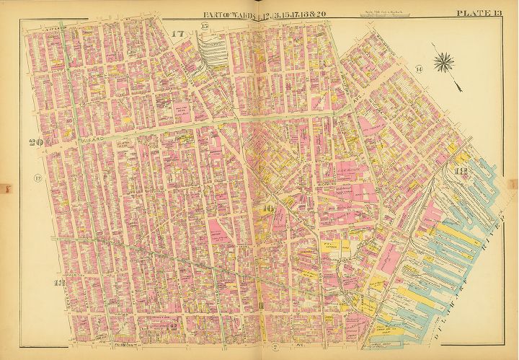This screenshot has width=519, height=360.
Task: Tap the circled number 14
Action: (418, 69)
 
